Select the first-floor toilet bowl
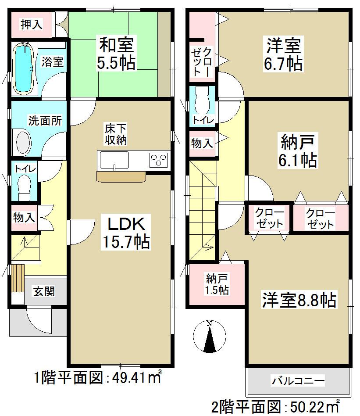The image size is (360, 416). pyautogui.click(x=25, y=184)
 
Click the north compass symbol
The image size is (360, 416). pyautogui.click(x=209, y=337)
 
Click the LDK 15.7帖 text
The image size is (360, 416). pyautogui.click(x=127, y=232)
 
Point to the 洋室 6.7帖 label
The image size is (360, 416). pyautogui.click(x=283, y=54)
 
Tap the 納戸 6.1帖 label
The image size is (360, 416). pyautogui.click(x=298, y=151)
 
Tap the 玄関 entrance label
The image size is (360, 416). pyautogui.click(x=43, y=290)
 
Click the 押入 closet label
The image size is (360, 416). pyautogui.click(x=32, y=24)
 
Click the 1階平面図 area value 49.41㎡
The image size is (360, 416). pyautogui.click(x=135, y=377)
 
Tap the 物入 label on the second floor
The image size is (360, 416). pyautogui.click(x=202, y=143)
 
